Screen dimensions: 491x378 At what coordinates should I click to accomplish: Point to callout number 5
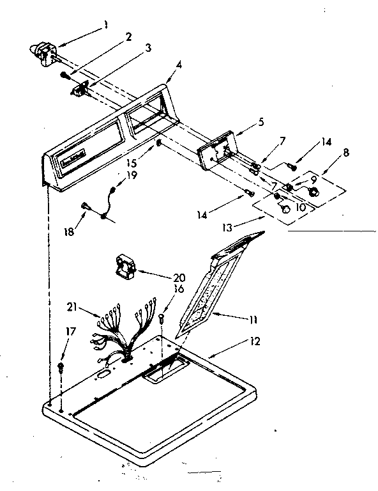(x=243, y=120)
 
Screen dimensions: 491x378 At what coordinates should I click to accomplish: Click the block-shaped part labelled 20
(x=130, y=265)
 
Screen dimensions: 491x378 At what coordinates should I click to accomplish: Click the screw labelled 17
(x=60, y=366)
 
